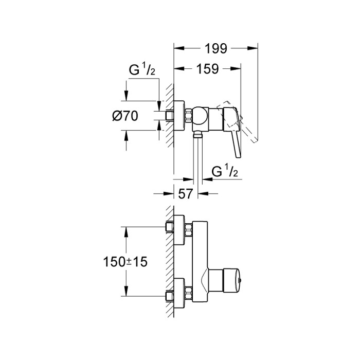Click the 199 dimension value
(215, 49)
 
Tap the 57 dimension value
(186, 194)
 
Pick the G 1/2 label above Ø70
(139, 71)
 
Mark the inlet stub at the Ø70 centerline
(168, 116)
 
